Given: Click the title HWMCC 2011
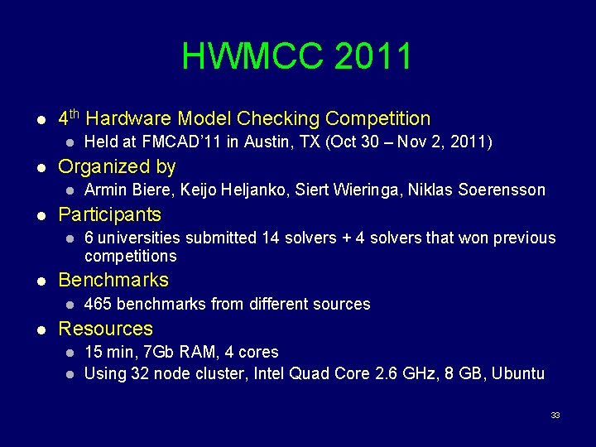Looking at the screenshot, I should click(297, 56).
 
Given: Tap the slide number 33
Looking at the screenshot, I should click(555, 415).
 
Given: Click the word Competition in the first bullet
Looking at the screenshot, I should click(378, 119).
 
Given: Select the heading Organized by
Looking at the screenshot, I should click(117, 167).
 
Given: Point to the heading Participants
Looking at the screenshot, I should click(109, 215).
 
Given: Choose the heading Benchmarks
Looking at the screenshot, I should click(113, 280).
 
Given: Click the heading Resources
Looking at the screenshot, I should click(105, 329).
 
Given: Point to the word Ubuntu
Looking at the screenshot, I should click(518, 373).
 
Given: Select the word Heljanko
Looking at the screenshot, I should click(240, 190).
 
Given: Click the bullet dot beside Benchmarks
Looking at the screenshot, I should click(41, 281).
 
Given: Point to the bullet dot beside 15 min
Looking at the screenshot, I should click(70, 353).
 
